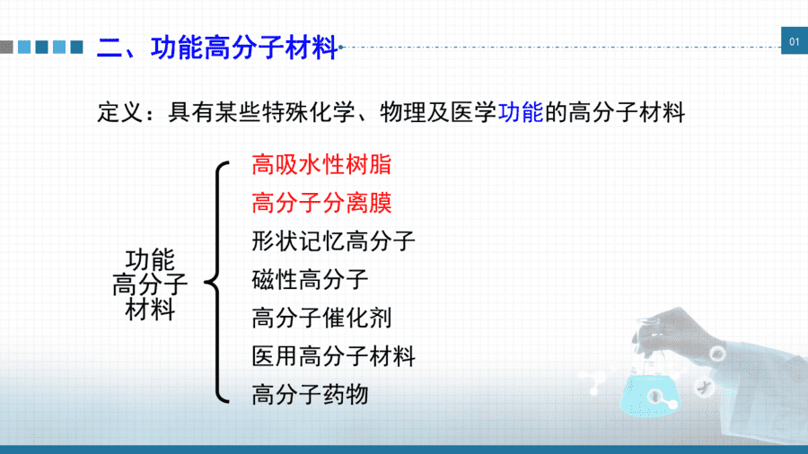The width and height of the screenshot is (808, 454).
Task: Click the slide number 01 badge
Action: point(795,40)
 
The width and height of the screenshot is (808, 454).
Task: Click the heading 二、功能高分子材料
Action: point(217,48)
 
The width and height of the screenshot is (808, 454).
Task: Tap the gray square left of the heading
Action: point(6,47)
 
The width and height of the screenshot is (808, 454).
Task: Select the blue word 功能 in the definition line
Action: point(521,112)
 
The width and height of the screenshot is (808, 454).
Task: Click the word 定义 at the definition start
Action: point(120,112)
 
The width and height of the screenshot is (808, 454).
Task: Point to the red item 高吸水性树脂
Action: point(321,165)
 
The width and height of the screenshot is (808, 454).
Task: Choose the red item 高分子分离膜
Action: point(321,203)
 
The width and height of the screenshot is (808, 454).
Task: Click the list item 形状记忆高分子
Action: point(333,240)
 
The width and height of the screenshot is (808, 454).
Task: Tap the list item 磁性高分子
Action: point(310,280)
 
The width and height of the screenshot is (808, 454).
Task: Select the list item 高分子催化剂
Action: point(321,318)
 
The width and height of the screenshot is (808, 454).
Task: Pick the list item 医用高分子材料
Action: point(333,356)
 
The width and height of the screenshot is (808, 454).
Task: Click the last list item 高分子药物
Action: point(310,395)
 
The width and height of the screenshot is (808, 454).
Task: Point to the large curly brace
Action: point(216,282)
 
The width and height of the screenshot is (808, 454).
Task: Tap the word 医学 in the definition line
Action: point(473,112)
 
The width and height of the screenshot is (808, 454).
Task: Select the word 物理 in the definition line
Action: point(403,112)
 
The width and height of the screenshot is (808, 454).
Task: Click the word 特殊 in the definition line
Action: point(285,112)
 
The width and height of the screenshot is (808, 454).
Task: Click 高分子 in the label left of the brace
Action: point(149,284)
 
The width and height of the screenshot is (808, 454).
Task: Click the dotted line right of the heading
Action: point(560,47)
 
